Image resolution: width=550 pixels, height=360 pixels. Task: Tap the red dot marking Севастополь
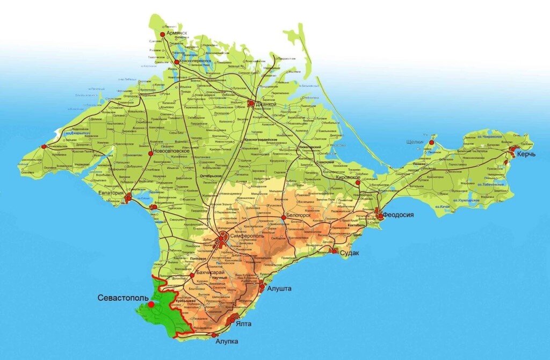pos(151,305)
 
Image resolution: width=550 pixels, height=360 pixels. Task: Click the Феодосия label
pos(399,215)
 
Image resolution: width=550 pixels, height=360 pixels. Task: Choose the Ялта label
pos(243,324)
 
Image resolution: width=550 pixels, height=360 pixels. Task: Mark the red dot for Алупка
pos(214,335)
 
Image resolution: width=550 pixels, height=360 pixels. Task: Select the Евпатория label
pos(112,192)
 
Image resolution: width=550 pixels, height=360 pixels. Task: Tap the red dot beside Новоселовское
pos(150,153)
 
